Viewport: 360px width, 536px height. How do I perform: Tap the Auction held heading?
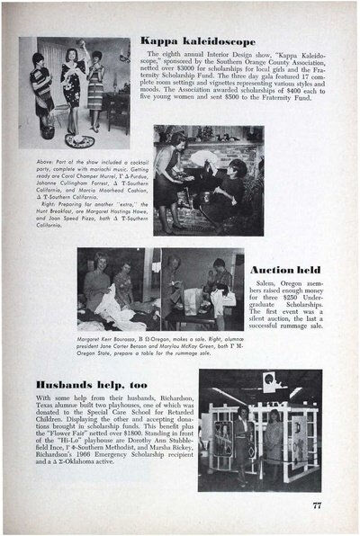click(284, 270)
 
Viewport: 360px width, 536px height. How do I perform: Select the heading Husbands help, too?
click(99, 383)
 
